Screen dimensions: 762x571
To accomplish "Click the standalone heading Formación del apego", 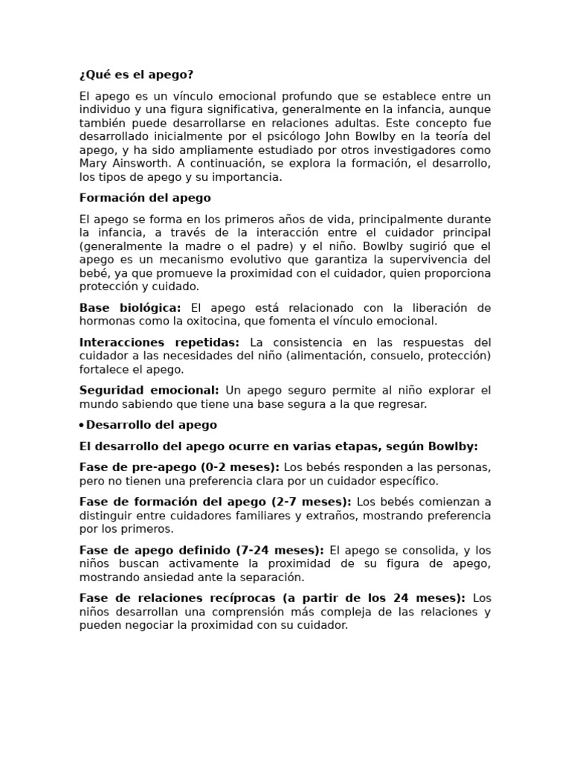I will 145,198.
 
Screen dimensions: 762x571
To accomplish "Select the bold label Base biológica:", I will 130,308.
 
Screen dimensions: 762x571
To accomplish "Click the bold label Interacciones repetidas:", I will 159,342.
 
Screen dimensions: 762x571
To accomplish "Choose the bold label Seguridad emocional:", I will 149,391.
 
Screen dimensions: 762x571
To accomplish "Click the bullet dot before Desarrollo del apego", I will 81,425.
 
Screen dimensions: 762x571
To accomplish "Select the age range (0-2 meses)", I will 239,467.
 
